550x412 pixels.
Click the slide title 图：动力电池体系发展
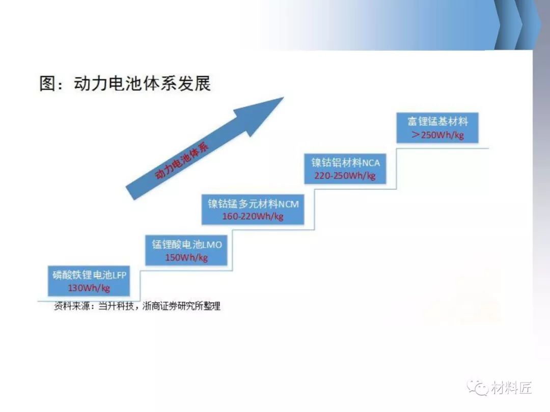(x=125, y=83)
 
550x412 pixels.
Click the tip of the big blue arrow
(x=284, y=97)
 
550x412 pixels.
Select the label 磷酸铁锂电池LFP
(x=89, y=275)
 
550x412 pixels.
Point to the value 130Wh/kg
(x=89, y=288)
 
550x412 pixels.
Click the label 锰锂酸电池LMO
(x=186, y=245)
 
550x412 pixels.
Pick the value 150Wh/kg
(x=186, y=257)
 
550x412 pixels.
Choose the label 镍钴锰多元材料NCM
(x=253, y=203)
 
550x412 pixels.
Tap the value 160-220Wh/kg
(x=253, y=216)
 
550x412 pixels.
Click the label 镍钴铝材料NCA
(x=345, y=163)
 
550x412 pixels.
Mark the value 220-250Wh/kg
(x=345, y=175)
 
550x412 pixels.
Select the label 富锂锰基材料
(x=438, y=122)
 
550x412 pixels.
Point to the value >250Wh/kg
(x=438, y=134)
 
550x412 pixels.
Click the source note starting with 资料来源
(x=137, y=306)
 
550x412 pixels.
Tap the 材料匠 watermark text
(x=511, y=388)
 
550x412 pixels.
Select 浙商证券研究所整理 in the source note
(x=181, y=306)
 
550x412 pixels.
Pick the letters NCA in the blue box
(x=371, y=163)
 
